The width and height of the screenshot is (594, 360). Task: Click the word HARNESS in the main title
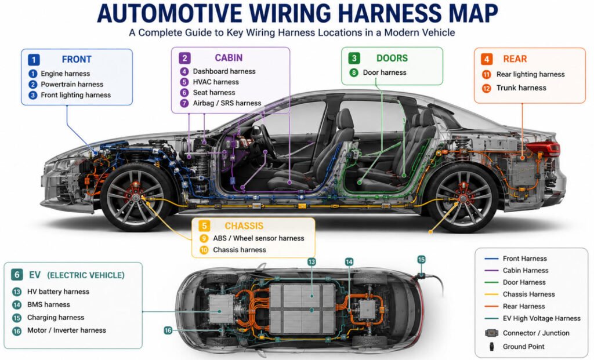(389, 14)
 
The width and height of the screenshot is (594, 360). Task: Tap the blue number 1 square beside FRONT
(34, 60)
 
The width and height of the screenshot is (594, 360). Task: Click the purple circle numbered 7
(184, 103)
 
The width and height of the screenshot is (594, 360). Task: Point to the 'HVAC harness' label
(216, 82)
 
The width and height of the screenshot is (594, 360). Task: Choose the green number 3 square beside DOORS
(354, 59)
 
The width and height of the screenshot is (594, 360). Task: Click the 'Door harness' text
(385, 72)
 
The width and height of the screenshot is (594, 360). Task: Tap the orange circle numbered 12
(487, 88)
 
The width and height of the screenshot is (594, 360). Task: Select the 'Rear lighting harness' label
(530, 75)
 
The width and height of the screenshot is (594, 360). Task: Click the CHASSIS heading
(244, 226)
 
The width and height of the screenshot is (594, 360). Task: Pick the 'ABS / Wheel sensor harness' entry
(259, 238)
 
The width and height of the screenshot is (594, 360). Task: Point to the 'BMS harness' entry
(49, 305)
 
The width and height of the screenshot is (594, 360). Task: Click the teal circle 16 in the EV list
(17, 331)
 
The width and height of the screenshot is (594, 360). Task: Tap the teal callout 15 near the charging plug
(421, 260)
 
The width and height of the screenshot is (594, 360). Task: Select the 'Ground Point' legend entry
(524, 347)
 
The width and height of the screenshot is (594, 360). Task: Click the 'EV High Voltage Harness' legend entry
(542, 319)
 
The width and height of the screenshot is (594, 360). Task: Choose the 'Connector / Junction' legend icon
(491, 333)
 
